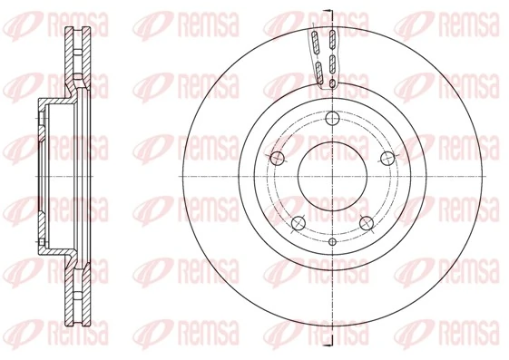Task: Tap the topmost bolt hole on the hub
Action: (x=332, y=117)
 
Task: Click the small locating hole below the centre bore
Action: (x=332, y=242)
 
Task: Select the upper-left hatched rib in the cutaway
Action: (x=314, y=41)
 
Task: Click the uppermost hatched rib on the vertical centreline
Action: (x=332, y=39)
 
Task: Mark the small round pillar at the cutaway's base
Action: (x=332, y=84)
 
